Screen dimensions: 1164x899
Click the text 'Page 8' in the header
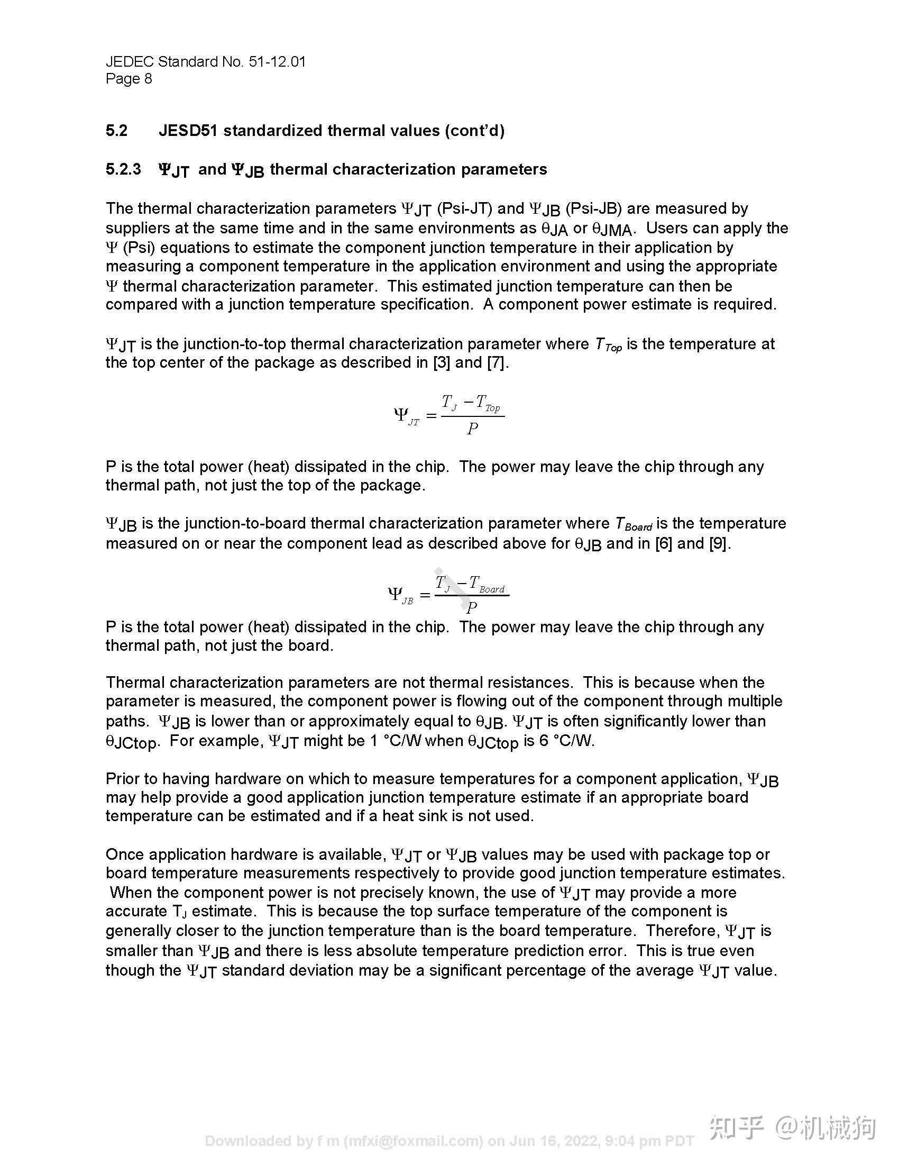[129, 79]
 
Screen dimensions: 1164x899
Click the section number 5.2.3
[123, 169]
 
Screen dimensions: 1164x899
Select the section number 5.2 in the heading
[116, 131]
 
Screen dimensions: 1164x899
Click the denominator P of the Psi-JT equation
[472, 429]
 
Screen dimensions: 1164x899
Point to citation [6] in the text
[664, 543]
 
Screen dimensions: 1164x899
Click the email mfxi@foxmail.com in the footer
[414, 1141]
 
